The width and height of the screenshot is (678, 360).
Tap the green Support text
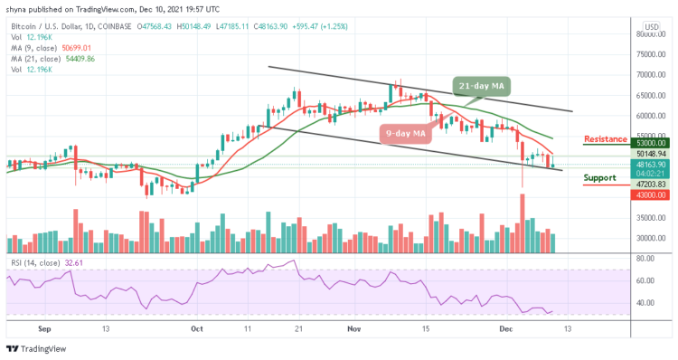click(601, 177)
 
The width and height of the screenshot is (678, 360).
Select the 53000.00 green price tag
click(650, 143)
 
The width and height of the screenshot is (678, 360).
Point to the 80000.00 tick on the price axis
click(649, 34)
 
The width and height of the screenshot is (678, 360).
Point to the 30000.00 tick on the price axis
click(649, 238)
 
